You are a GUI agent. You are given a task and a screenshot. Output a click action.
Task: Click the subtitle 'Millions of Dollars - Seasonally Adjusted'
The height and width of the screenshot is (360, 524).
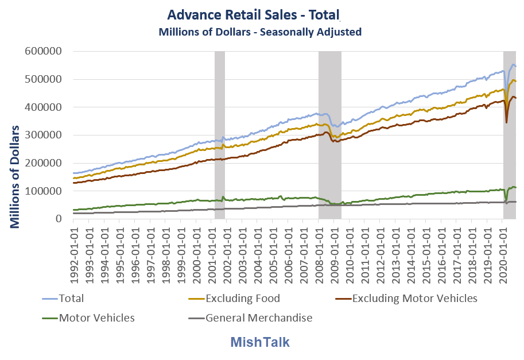260,32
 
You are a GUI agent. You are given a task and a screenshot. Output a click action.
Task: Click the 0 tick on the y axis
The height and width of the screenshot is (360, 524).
59,219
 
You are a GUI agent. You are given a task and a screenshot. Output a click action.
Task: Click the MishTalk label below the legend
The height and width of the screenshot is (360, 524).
260,342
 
